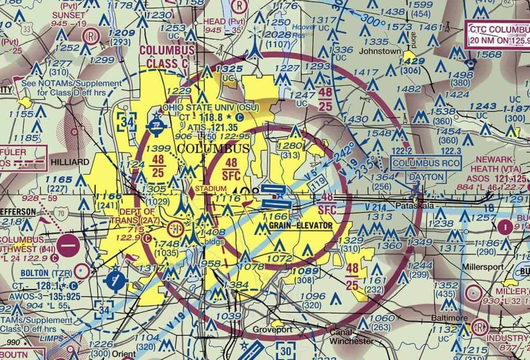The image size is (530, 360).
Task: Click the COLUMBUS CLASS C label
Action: coord(167,56)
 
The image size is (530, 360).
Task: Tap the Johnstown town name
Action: coord(379,51)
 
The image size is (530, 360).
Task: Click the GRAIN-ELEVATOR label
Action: coord(300,226)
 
